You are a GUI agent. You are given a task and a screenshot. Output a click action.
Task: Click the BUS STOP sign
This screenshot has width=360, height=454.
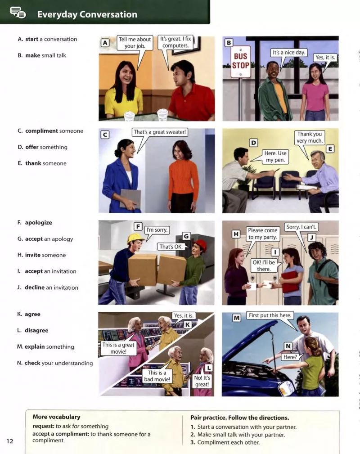click(x=240, y=62)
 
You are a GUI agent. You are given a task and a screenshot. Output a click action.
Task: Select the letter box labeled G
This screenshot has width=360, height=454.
click(x=186, y=236)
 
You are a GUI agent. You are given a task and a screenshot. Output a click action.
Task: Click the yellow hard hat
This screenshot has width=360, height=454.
click(x=135, y=238)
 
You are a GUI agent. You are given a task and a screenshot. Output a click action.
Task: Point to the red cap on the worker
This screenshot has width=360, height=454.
click(x=201, y=245)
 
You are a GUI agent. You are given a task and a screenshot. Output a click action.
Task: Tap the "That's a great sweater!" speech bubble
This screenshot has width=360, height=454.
click(x=159, y=132)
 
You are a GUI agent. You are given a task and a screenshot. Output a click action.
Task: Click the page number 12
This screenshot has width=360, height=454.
click(x=10, y=441)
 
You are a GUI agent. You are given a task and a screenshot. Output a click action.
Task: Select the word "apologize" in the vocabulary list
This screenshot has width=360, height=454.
click(x=39, y=223)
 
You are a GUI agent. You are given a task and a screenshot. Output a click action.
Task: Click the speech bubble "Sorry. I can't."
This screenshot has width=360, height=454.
click(x=301, y=227)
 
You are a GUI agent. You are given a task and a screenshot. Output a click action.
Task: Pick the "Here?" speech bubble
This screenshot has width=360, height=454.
click(x=290, y=357)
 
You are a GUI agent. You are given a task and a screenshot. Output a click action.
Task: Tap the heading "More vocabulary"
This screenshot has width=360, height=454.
click(x=57, y=417)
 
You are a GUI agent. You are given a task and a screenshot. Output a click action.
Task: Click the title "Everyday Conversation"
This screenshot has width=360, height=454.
click(x=87, y=14)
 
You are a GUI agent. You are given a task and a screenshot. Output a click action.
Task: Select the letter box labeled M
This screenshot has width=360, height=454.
click(x=237, y=318)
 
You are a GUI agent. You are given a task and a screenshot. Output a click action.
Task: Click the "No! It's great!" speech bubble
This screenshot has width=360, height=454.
click(x=202, y=381)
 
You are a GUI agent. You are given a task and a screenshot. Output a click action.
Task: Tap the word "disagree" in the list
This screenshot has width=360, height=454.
click(x=36, y=330)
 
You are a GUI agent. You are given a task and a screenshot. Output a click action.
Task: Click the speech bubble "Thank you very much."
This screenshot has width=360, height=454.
click(x=309, y=137)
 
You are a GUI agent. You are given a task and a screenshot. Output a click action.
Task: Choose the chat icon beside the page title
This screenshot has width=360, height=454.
click(x=18, y=13)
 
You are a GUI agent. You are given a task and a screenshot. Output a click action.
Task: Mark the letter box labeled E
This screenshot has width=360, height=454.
click(x=330, y=149)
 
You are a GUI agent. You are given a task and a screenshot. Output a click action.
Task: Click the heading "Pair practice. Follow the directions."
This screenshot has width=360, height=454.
click(x=239, y=418)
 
